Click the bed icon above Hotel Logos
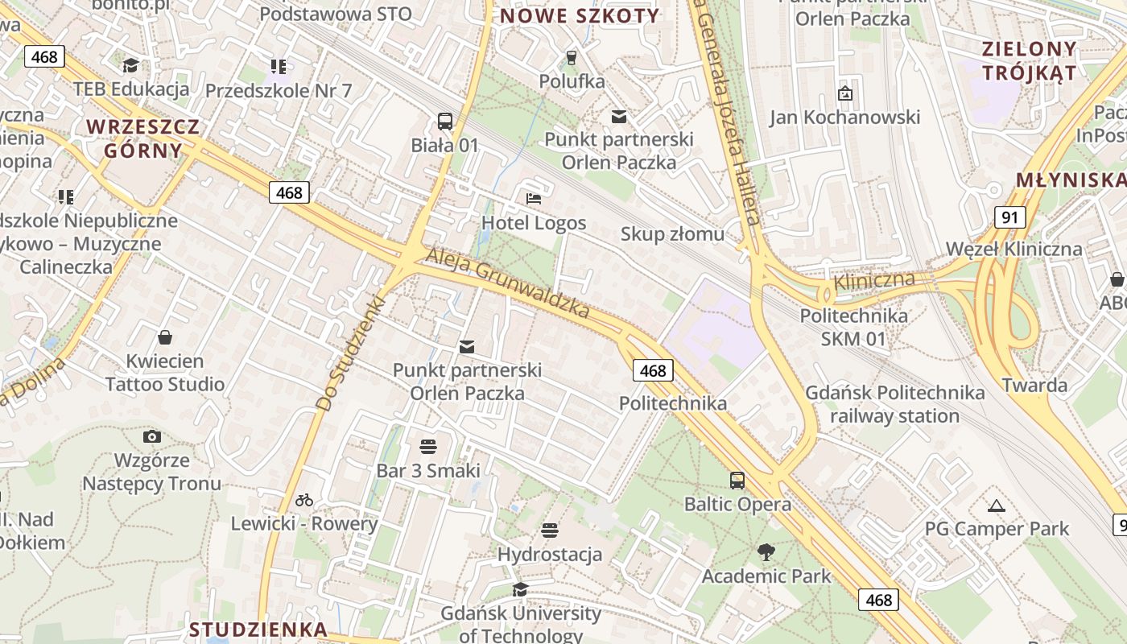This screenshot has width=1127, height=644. point(533,198)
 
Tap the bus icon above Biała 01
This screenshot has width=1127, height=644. point(445,122)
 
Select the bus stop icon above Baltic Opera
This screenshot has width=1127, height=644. point(737,481)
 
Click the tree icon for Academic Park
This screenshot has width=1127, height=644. point(766,551)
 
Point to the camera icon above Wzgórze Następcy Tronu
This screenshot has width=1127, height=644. point(151,436)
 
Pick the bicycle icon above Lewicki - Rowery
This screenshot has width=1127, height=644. point(303,500)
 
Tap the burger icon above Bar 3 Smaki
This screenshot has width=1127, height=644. point(428,446)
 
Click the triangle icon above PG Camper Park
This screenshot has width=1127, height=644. point(997,506)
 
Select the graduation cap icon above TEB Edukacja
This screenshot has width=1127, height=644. point(130,64)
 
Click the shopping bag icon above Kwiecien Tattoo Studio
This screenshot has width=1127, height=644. point(165,336)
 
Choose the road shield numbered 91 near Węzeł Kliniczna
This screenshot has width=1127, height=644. point(1010,217)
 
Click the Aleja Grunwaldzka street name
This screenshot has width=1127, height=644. point(507,283)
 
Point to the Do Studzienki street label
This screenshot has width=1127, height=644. point(351,353)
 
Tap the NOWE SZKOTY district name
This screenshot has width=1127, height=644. point(580,15)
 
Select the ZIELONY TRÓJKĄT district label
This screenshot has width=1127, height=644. point(1029,60)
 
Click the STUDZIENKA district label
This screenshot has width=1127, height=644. point(258,630)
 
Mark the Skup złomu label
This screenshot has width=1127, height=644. point(672,234)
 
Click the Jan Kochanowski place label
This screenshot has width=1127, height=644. point(844,118)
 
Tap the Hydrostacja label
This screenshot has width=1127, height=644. point(550,555)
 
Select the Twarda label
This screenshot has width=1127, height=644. point(1034,385)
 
